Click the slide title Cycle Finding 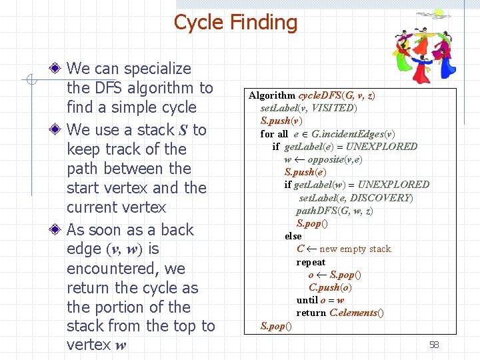(235, 23)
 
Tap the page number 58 (434, 345)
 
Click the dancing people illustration (421, 44)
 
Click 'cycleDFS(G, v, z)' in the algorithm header (337, 95)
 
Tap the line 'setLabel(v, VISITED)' (309, 108)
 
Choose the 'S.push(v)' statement (281, 121)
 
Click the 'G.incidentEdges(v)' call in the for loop (353, 133)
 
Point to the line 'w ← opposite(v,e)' (323, 159)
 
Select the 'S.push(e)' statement (304, 172)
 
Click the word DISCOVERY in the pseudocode (381, 197)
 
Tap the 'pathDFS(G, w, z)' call (334, 211)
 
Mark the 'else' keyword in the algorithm (293, 236)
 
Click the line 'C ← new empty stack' (343, 249)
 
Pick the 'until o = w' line (320, 300)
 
